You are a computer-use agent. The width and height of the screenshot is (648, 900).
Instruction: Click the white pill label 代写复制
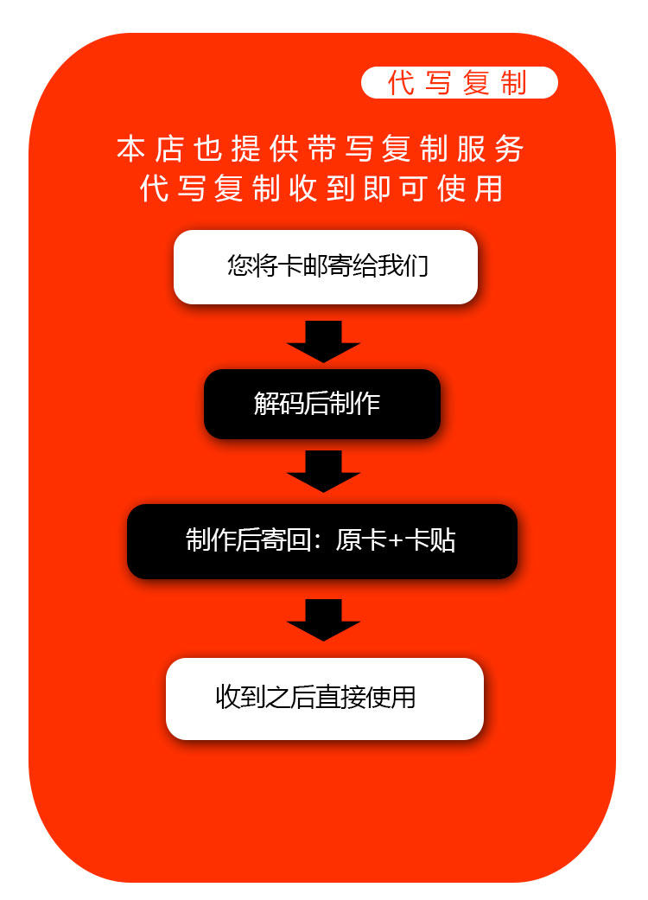[459, 83]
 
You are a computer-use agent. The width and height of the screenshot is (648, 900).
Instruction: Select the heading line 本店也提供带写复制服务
[321, 150]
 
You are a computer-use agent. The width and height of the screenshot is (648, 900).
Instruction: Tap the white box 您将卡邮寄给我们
[326, 266]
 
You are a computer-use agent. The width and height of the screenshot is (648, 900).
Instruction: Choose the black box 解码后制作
[321, 404]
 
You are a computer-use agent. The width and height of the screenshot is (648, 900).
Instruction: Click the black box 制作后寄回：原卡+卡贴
[321, 541]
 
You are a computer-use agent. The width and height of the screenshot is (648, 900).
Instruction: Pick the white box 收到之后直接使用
[324, 698]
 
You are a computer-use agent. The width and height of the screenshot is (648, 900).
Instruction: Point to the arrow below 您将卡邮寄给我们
[323, 341]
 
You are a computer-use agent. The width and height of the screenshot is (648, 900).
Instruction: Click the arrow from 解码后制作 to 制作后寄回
[323, 471]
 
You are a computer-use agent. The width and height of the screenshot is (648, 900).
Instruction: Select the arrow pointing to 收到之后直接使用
[323, 619]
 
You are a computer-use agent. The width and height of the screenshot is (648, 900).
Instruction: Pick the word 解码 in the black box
[278, 404]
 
